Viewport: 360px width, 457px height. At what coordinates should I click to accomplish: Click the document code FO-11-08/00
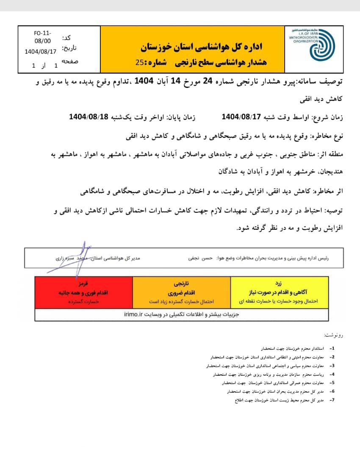pos(42,37)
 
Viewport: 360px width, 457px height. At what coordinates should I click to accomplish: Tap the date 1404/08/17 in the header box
pos(40,52)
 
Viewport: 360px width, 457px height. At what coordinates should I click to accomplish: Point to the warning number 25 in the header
pos(139,62)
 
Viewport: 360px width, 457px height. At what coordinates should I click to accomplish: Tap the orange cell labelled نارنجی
pos(181,292)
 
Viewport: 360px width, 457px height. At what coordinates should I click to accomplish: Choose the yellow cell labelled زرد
pos(279,292)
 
